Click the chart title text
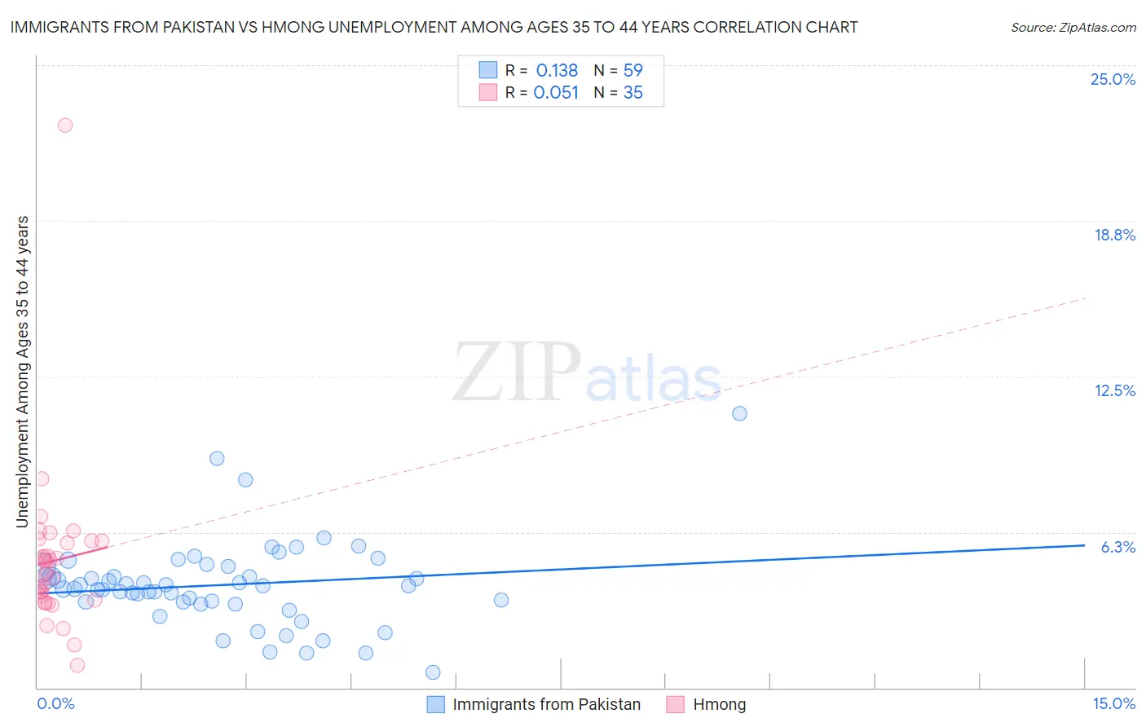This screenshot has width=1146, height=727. coord(434,27)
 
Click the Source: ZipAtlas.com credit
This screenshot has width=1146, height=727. coord(1073,27)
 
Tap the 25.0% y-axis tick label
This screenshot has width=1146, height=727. coord(1113,79)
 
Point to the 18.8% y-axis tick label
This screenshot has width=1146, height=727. coord(1114,235)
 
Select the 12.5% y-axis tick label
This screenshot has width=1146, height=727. coord(1114,390)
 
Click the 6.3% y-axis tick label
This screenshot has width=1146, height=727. coord(1117,547)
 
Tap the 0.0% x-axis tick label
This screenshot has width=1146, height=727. coord(55,703)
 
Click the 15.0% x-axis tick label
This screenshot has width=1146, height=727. coord(1113,703)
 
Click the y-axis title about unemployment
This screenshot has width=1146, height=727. coord(23,372)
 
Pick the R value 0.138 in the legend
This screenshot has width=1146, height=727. coord(557,70)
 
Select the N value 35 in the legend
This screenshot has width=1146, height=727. coord(633,93)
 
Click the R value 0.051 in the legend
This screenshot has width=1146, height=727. coord(556,93)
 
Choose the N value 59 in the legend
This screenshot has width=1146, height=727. coord(633,70)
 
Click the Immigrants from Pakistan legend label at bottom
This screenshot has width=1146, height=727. coord(546,704)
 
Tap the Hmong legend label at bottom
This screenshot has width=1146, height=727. coord(719,704)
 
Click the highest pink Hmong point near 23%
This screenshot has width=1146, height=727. coord(65,125)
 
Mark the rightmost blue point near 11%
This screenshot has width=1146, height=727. coord(739,413)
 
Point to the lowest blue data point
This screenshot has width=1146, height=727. coord(433,672)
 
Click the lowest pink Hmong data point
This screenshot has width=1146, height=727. coord(77,665)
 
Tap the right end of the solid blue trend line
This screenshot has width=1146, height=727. coord(1084,545)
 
